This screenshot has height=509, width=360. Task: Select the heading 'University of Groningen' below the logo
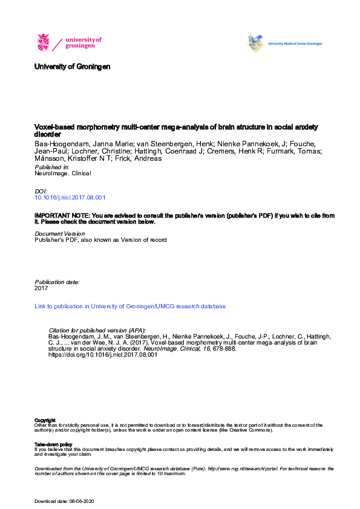(73, 66)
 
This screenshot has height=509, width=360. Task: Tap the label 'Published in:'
(52, 166)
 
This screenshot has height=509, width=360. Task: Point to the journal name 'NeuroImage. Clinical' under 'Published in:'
(63, 173)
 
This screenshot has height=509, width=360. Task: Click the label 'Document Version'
(60, 233)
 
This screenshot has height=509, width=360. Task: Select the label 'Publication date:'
(57, 282)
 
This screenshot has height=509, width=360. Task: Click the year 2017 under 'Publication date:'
(42, 288)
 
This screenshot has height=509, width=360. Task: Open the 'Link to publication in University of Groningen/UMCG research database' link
(130, 306)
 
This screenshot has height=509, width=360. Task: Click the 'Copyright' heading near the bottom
(45, 420)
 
